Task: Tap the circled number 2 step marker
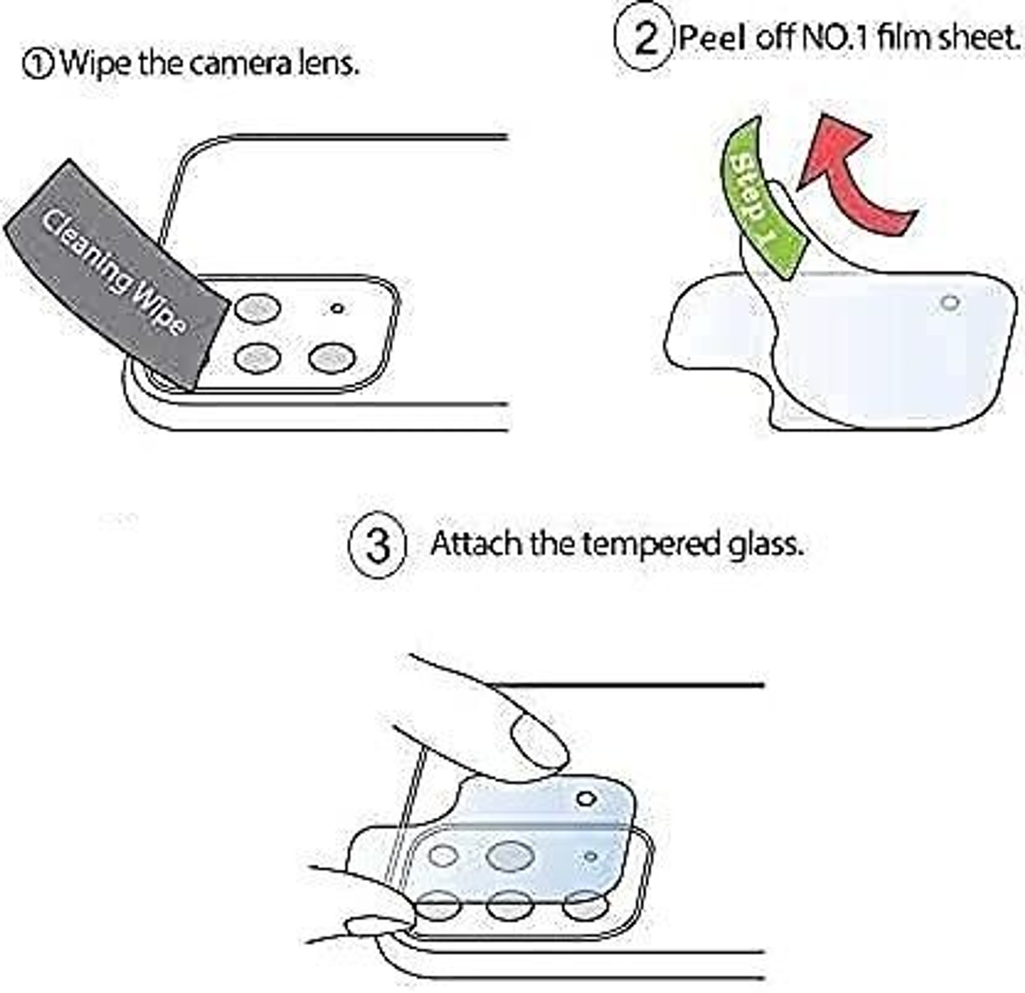(643, 38)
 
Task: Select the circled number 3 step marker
(378, 545)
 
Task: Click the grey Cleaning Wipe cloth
(116, 273)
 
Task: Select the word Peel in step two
(713, 37)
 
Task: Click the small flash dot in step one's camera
(336, 308)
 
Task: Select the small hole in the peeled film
(950, 302)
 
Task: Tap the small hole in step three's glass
(586, 798)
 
